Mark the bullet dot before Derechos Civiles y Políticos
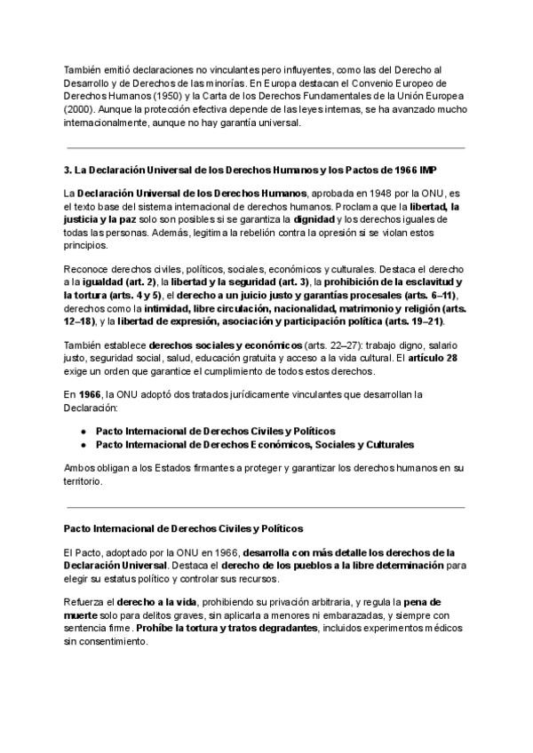[83, 429]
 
